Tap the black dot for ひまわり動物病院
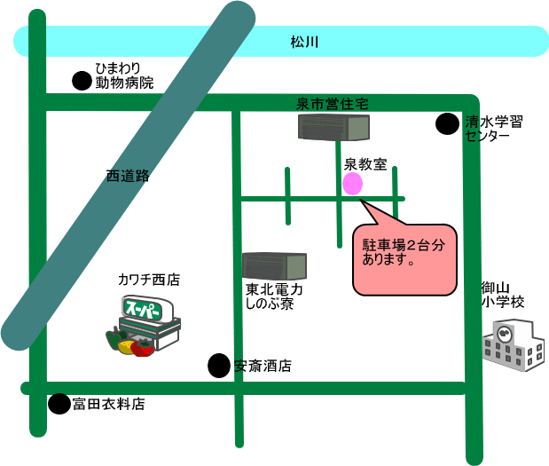tap(82, 81)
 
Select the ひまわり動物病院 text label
tap(124, 75)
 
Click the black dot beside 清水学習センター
tap(447, 123)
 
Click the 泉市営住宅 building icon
tap(333, 129)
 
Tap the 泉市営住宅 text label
tap(332, 105)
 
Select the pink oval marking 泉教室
tap(352, 184)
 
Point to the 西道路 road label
tap(128, 176)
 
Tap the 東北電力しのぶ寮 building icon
tap(274, 265)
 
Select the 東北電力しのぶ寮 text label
tap(274, 296)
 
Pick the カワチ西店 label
tap(149, 280)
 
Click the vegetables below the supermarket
tap(129, 343)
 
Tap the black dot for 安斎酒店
tap(218, 365)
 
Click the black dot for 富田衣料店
tap(59, 405)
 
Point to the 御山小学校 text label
tap(502, 295)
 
